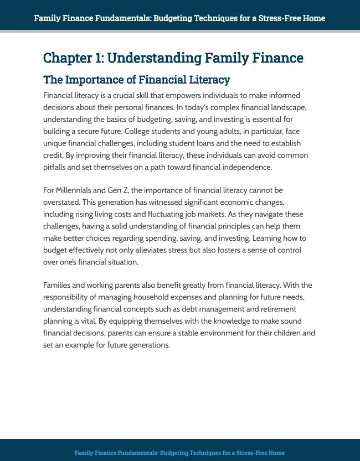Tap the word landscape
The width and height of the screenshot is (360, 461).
300,107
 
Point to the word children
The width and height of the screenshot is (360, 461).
280,333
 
